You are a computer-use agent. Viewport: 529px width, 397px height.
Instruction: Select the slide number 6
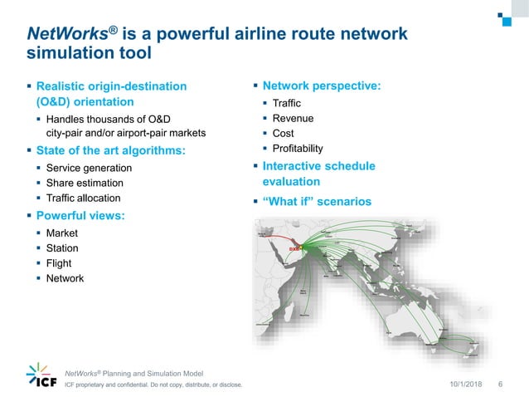click(500, 384)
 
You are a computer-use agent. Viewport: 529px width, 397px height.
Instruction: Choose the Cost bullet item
click(284, 133)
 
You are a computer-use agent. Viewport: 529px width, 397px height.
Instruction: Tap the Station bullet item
click(62, 248)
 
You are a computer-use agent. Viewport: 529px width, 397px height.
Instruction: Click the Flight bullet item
click(59, 263)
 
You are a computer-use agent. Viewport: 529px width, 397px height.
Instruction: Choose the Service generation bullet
click(89, 168)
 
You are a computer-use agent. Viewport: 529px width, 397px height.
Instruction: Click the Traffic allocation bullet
click(83, 198)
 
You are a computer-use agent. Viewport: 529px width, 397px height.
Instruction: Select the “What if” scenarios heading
click(317, 202)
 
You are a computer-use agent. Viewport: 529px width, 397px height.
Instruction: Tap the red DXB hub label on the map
click(293, 248)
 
